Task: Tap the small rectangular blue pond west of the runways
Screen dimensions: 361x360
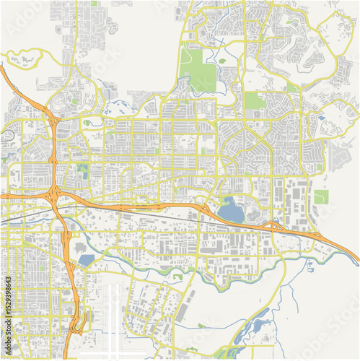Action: [x=85, y=260]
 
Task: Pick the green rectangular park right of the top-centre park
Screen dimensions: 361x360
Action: [x=254, y=100]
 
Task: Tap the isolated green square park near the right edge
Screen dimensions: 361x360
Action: [x=321, y=196]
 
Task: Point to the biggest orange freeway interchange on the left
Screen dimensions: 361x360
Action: [x=56, y=196]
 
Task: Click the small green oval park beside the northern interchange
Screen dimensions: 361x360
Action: [x=87, y=123]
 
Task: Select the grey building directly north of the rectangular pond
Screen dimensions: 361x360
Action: [x=85, y=245]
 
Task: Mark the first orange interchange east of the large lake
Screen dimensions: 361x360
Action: [x=276, y=227]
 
